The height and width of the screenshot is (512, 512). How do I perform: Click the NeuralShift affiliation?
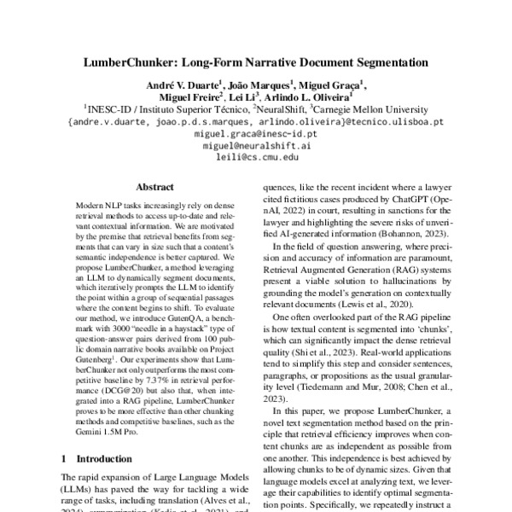[280, 110]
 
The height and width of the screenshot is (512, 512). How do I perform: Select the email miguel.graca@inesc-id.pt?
[256, 135]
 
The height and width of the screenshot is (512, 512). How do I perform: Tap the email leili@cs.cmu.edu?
[256, 158]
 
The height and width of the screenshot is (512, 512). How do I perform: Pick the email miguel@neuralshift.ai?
[256, 146]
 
